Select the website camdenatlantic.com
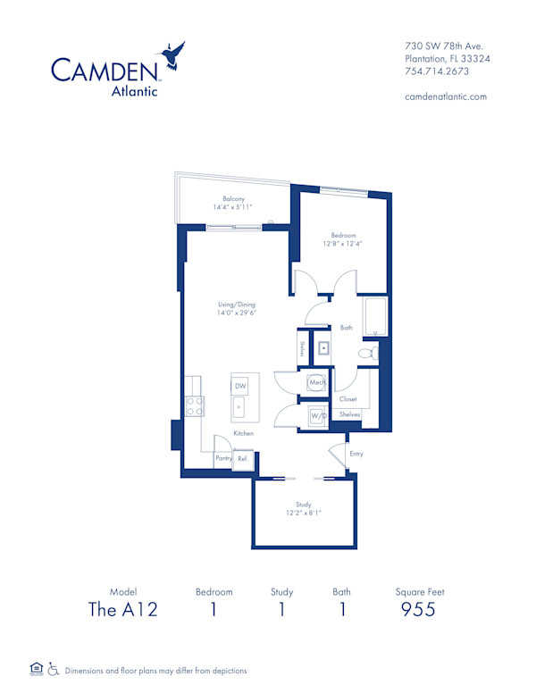[446, 96]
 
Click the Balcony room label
[234, 198]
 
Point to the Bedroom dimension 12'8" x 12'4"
[342, 243]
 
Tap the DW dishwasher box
[240, 386]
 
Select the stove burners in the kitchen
[194, 407]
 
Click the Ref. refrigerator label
[242, 458]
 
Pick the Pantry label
[223, 458]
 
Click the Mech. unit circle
[317, 383]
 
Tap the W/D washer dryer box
[317, 416]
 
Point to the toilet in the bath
[368, 355]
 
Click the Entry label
[356, 454]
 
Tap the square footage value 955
[419, 610]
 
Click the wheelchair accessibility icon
[54, 668]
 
